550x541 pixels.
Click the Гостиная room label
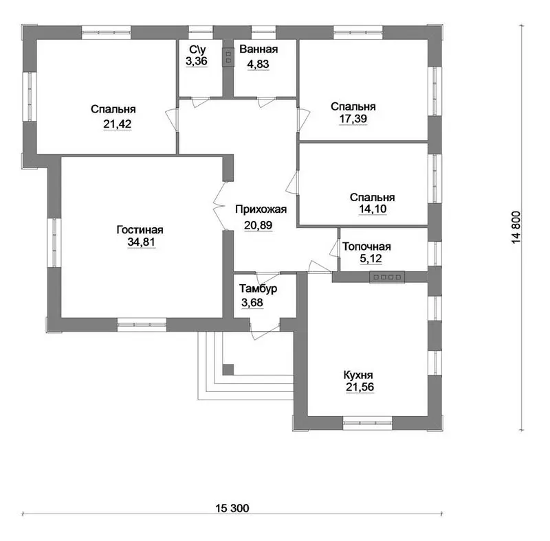tap(140, 230)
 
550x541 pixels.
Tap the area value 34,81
tap(141, 242)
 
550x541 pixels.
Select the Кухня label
tap(357, 376)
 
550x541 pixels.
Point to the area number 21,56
tap(360, 387)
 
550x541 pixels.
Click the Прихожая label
tap(261, 209)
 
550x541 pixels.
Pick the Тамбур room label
tap(258, 289)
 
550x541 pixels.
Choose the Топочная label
tap(366, 246)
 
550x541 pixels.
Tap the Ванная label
tap(258, 49)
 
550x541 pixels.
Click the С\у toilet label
tap(197, 49)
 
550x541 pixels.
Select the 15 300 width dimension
tap(232, 508)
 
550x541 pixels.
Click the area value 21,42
tap(117, 124)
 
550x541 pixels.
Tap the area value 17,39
tap(353, 119)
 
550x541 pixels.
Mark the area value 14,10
tap(373, 209)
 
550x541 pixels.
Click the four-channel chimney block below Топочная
tap(387, 277)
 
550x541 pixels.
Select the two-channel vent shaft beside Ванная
tap(228, 58)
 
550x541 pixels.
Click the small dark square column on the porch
tap(228, 369)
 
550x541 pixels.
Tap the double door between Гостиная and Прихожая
tap(220, 206)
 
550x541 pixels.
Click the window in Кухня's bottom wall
tap(367, 423)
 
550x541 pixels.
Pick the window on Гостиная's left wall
tap(54, 242)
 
